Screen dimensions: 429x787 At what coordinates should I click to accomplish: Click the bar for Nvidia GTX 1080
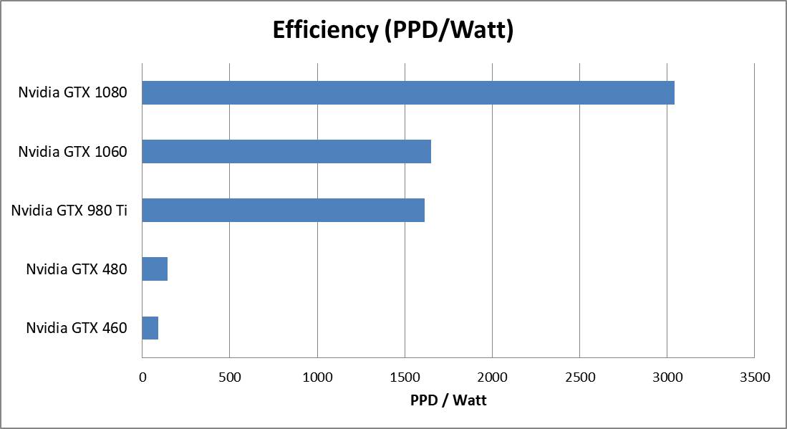pos(408,93)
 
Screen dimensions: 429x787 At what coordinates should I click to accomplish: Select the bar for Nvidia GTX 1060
pos(286,152)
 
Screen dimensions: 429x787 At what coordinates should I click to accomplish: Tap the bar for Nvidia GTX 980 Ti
pos(284,211)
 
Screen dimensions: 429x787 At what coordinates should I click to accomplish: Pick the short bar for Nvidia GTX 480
pos(155,269)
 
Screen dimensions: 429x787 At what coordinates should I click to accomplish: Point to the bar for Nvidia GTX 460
pos(150,328)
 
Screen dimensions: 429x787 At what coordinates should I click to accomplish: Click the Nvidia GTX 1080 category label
pos(73,93)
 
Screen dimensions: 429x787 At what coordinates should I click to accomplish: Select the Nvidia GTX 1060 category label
pos(73,152)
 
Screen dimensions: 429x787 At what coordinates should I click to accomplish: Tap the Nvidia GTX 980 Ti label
pos(69,211)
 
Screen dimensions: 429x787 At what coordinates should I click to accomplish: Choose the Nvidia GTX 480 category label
pos(77,269)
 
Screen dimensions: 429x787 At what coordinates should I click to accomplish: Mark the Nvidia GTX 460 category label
pos(77,328)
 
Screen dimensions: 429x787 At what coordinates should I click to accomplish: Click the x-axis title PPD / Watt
pos(448,400)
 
